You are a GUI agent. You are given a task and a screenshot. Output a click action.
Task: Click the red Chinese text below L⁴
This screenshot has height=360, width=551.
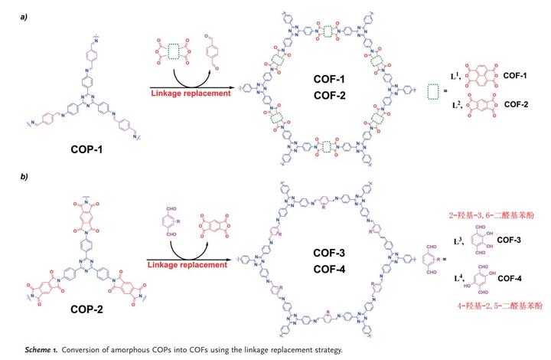click(489, 305)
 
